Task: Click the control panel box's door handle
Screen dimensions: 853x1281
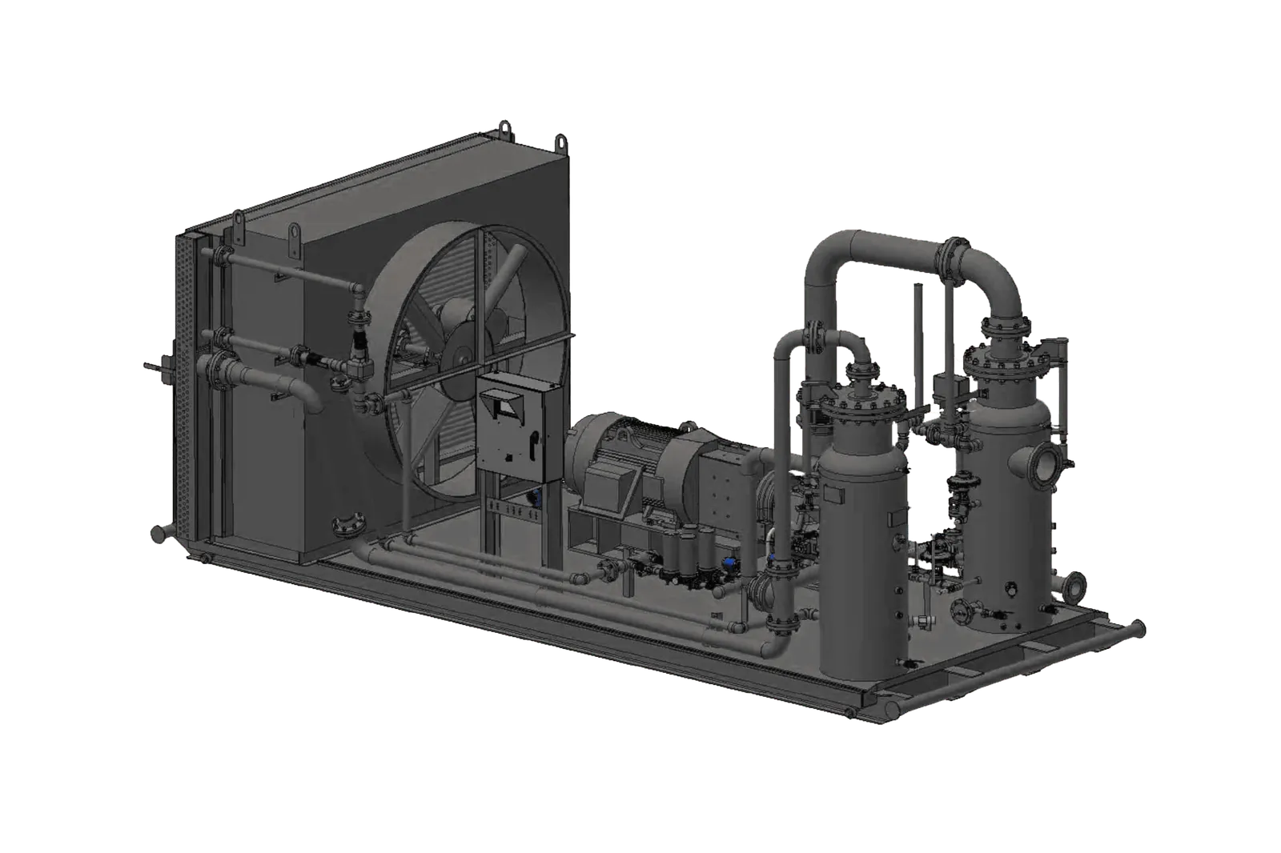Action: click(532, 439)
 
